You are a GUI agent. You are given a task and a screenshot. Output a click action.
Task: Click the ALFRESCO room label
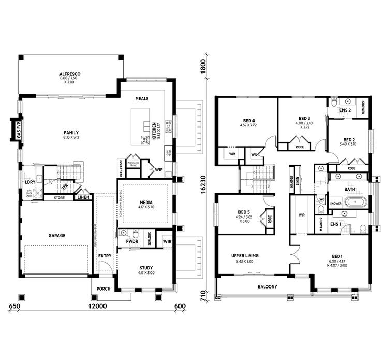(x=69, y=74)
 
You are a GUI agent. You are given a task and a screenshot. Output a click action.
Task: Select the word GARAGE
(x=57, y=236)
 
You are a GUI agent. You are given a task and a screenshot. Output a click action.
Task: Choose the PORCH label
(x=103, y=289)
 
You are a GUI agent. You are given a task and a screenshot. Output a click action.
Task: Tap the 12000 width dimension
(x=97, y=307)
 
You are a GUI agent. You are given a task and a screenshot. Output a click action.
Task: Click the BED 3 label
(x=304, y=118)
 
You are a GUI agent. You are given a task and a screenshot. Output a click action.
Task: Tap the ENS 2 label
(x=346, y=110)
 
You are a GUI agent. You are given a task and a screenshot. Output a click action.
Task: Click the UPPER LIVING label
(x=245, y=255)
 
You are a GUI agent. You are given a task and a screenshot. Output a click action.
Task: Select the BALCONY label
(x=267, y=286)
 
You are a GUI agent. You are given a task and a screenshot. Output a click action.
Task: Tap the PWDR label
(x=124, y=241)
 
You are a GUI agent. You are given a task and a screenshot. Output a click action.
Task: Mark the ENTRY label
(x=105, y=256)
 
